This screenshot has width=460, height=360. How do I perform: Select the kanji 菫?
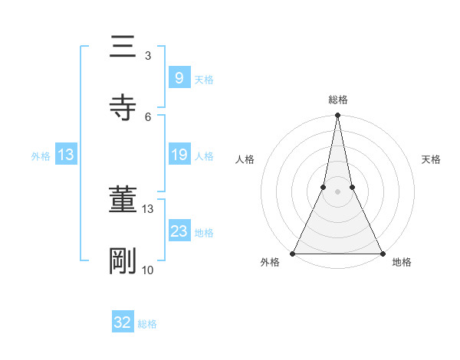tap(122, 201)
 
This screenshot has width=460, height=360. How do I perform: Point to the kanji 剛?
tap(122, 260)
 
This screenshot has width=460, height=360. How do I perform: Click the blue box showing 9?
tap(179, 77)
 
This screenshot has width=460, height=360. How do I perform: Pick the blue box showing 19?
tap(179, 155)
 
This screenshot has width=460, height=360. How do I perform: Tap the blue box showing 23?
tap(179, 231)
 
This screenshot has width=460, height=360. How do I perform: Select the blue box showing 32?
tap(123, 322)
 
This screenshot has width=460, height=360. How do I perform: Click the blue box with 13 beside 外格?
tap(66, 155)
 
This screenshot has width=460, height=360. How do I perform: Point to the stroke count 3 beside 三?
tap(148, 55)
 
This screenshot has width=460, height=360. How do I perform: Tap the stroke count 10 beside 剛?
tap(148, 270)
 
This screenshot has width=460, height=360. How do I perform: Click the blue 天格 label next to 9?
tap(204, 79)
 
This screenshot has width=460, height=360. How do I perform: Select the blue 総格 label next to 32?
tap(147, 324)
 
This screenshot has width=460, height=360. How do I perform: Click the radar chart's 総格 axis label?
tap(338, 100)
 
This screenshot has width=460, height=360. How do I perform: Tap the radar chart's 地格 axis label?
tap(402, 263)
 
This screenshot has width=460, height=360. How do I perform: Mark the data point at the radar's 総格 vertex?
tap(337, 116)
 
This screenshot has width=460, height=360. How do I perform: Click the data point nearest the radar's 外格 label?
tap(293, 254)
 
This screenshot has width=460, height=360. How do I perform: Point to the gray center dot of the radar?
tap(337, 191)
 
